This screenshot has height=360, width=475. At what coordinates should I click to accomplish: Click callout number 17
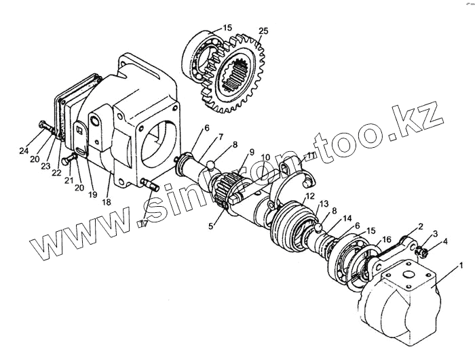tap(142, 224)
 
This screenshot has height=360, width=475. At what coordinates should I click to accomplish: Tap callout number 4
tap(445, 241)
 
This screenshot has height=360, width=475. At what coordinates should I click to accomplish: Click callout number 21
tap(69, 180)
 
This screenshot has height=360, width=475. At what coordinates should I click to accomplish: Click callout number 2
tap(421, 226)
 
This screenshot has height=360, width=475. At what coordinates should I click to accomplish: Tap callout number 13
tap(324, 203)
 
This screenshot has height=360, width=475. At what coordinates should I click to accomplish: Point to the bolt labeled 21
tap(67, 160)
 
